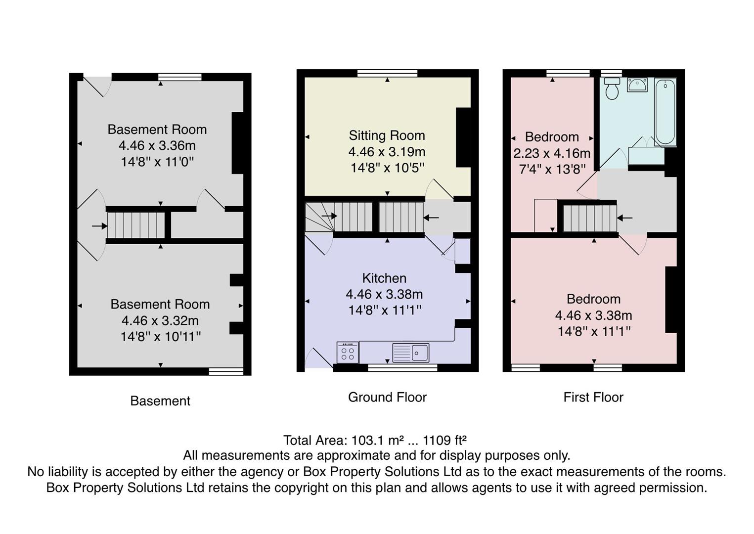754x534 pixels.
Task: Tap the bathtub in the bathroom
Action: pyautogui.click(x=665, y=112)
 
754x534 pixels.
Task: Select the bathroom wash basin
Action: pyautogui.click(x=637, y=85)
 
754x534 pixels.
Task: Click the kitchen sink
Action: pyautogui.click(x=411, y=353)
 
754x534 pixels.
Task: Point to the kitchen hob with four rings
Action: pyautogui.click(x=348, y=353)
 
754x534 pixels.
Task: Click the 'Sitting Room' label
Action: pyautogui.click(x=387, y=135)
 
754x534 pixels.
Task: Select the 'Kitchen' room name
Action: pyautogui.click(x=384, y=278)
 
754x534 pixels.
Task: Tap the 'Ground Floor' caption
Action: pyautogui.click(x=387, y=397)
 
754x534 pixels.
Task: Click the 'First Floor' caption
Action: pyautogui.click(x=593, y=397)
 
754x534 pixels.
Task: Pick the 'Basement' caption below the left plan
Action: pyautogui.click(x=160, y=401)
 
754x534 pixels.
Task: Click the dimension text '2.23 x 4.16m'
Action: pyautogui.click(x=552, y=153)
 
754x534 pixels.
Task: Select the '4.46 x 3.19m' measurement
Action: pyautogui.click(x=387, y=152)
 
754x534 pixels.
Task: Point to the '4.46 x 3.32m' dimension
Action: pyautogui.click(x=160, y=320)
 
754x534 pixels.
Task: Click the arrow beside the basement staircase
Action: pyautogui.click(x=99, y=226)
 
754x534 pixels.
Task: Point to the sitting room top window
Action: pyautogui.click(x=387, y=73)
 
